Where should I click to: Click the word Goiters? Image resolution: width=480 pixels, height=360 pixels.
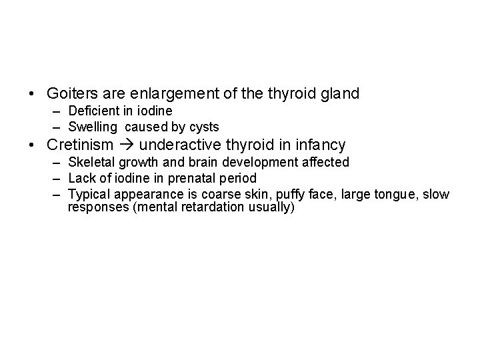[x=71, y=94]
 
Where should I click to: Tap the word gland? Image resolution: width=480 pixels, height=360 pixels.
[x=341, y=94]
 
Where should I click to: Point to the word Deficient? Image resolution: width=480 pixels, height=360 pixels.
[x=94, y=111]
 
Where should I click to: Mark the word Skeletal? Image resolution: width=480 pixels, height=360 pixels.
[x=92, y=162]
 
